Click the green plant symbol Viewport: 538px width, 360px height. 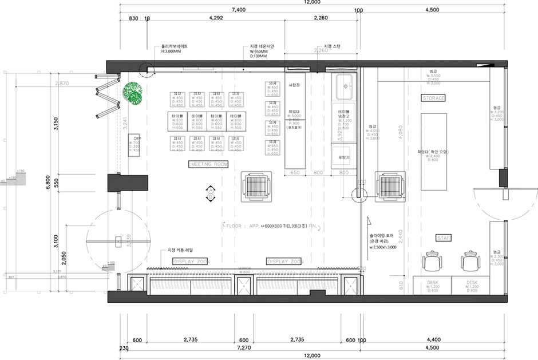click(134, 94)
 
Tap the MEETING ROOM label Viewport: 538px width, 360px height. click(208, 165)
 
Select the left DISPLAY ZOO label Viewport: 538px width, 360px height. click(191, 262)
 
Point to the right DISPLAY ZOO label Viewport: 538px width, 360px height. click(284, 262)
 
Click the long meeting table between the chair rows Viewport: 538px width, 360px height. click(207, 121)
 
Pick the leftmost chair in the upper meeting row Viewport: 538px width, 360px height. click(178, 99)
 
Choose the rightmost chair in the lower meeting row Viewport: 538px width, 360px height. click(236, 143)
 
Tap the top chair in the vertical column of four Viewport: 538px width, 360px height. click(273, 88)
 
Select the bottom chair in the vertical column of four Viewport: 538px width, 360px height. click(273, 148)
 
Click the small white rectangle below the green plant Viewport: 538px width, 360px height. click(134, 144)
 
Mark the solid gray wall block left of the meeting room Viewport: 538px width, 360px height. click(128, 183)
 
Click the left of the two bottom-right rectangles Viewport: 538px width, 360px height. click(432, 285)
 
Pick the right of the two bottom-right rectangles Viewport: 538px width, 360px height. click(470, 285)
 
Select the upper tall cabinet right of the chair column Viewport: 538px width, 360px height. click(295, 96)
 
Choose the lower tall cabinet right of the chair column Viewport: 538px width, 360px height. click(295, 144)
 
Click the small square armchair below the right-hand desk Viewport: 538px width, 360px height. click(342, 155)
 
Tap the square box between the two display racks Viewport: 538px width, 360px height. click(244, 284)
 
